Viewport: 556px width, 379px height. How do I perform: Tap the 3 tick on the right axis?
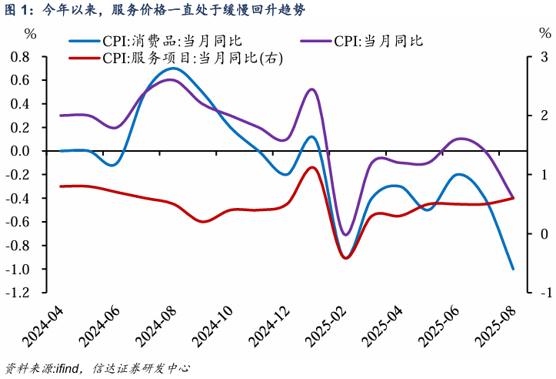[543, 57]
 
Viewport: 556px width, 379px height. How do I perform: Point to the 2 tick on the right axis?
[543, 116]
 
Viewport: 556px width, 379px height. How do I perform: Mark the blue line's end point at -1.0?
[513, 269]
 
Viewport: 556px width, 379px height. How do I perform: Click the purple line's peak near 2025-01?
[312, 89]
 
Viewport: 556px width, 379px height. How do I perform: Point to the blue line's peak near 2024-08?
[172, 69]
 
